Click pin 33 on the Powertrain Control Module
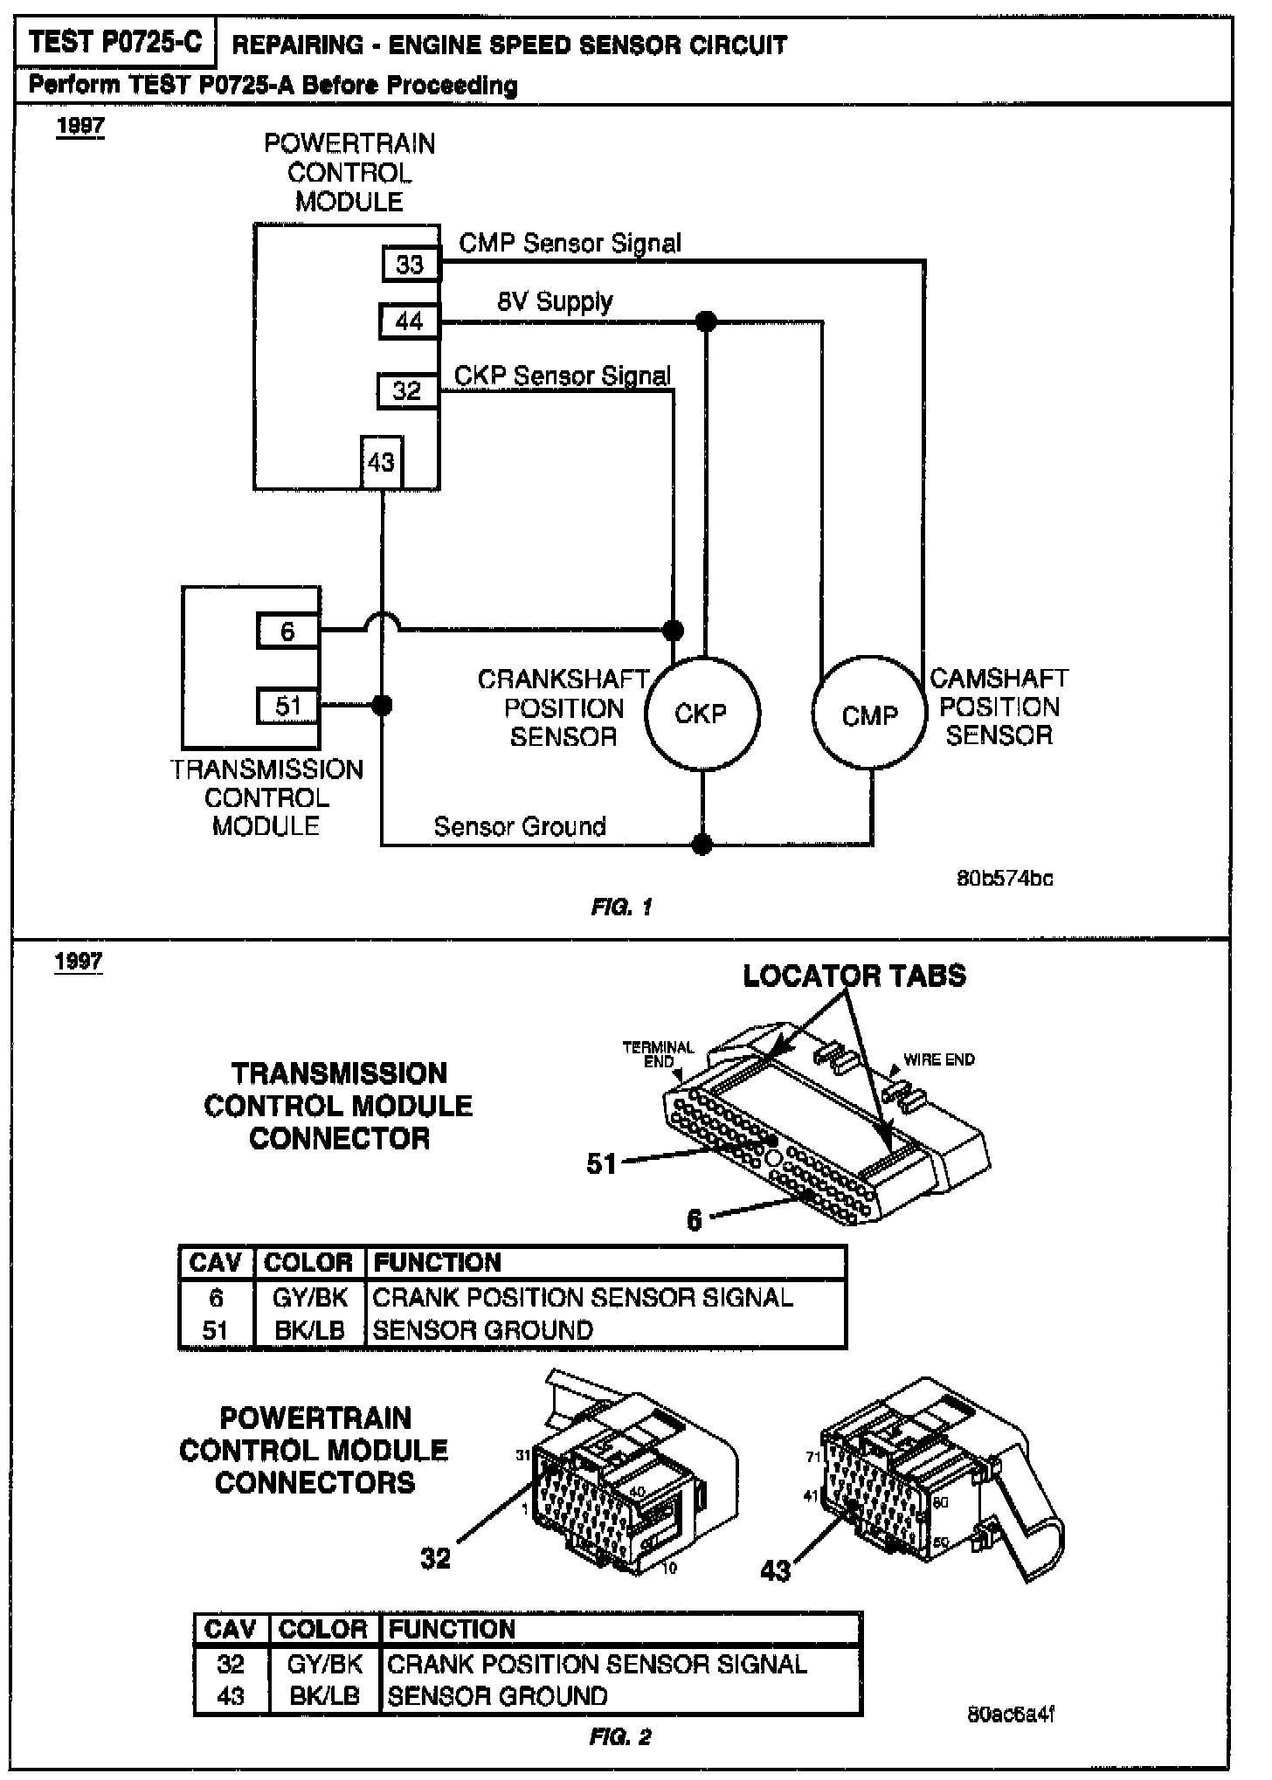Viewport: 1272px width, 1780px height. pyautogui.click(x=410, y=264)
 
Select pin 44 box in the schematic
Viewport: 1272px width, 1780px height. pyautogui.click(x=409, y=321)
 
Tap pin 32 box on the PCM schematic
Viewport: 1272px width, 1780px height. pyautogui.click(x=407, y=390)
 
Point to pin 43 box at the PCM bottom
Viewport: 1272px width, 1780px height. pyautogui.click(x=381, y=462)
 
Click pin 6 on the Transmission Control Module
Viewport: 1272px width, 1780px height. pyautogui.click(x=287, y=631)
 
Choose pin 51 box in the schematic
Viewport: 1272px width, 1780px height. pyautogui.click(x=287, y=706)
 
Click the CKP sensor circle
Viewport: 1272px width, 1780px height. pyautogui.click(x=702, y=714)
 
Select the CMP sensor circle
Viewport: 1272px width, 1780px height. pyautogui.click(x=869, y=715)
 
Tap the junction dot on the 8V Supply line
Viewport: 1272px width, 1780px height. pyautogui.click(x=707, y=321)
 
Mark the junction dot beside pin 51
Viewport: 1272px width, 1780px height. pyautogui.click(x=382, y=705)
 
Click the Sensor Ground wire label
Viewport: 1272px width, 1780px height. pyautogui.click(x=520, y=826)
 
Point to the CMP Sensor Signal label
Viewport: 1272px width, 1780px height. pyautogui.click(x=570, y=244)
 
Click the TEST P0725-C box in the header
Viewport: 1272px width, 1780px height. pyautogui.click(x=114, y=42)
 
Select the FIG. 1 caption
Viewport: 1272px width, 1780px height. pyautogui.click(x=621, y=907)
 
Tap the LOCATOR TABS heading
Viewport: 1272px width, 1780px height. pyautogui.click(x=854, y=976)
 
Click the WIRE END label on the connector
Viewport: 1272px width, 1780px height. pyautogui.click(x=939, y=1059)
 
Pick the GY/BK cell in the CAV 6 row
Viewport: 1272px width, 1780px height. pyautogui.click(x=310, y=1298)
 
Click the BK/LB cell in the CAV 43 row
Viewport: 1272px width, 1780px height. pyautogui.click(x=324, y=1696)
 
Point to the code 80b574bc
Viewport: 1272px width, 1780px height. pyautogui.click(x=1005, y=879)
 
